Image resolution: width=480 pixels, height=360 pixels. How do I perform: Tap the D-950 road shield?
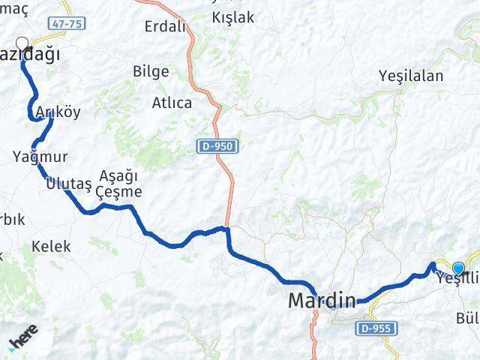coord(217,146)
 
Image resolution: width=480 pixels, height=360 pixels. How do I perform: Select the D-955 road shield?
coord(376,328)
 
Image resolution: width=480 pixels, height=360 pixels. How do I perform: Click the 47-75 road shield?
coord(68,24)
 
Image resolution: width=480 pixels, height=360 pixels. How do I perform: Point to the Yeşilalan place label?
coord(411,76)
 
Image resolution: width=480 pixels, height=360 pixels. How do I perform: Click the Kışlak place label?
coord(233,16)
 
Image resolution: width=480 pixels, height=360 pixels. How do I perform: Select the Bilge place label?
coord(150,71)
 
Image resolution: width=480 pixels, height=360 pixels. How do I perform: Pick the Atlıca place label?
coord(172,103)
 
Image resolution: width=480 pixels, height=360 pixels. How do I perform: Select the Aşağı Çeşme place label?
coord(120,183)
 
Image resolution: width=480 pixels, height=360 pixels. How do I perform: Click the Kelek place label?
coord(51,246)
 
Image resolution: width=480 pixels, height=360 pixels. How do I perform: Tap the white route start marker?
coord(22,44)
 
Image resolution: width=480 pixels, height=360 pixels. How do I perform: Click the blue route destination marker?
coord(458,268)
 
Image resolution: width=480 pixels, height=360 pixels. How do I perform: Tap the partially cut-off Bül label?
coord(467,319)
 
